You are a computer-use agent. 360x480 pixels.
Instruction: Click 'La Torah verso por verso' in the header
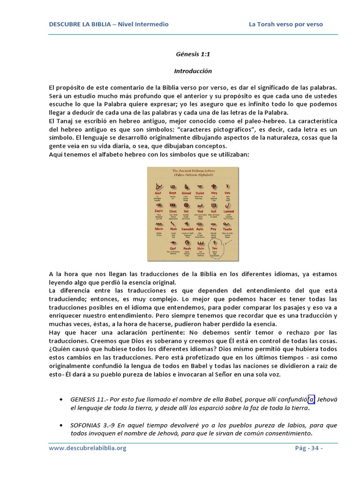tap(285, 24)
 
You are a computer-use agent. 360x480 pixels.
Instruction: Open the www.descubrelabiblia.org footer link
tap(88, 448)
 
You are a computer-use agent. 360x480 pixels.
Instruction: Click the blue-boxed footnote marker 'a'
tap(311, 399)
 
